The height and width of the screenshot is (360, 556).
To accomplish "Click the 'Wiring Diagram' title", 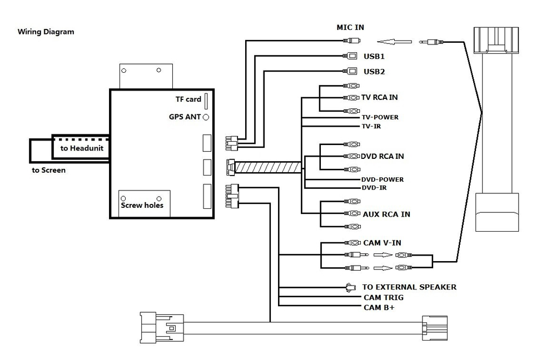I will (46, 32).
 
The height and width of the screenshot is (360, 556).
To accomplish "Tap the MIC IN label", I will (351, 27).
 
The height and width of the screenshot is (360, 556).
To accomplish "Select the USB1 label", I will (374, 56).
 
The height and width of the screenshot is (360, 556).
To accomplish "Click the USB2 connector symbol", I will (351, 71).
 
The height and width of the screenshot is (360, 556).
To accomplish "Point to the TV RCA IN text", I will (380, 97).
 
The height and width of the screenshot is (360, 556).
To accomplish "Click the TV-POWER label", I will (380, 117).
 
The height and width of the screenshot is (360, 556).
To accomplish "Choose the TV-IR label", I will (371, 126).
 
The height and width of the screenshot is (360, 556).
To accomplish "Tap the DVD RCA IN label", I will (383, 156).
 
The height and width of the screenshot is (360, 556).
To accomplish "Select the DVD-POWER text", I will (383, 179).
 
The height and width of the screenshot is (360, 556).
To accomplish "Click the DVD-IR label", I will (374, 188).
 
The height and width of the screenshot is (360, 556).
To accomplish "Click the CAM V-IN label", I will (381, 243).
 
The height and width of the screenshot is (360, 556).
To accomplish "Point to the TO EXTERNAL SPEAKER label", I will (409, 287).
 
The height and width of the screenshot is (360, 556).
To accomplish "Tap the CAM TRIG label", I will (384, 297).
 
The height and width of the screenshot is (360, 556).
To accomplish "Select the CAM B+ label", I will (379, 307).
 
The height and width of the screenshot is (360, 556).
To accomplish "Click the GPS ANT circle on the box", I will (206, 117).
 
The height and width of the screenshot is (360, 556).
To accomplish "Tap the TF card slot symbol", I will (206, 101).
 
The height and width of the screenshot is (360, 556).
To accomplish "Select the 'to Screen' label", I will (48, 170).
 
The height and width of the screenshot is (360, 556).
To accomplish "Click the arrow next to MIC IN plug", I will (394, 41).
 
